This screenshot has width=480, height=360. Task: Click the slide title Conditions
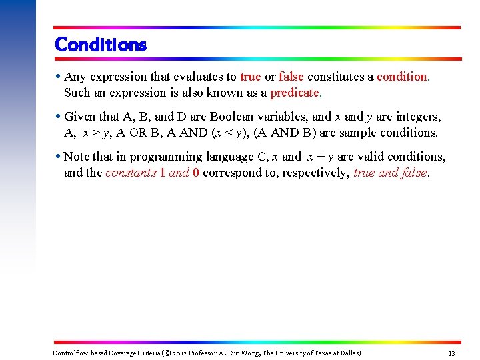(x=101, y=45)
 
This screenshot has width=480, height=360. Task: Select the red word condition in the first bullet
(x=403, y=77)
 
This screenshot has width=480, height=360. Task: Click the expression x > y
(x=97, y=133)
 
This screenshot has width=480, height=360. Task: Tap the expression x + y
(x=320, y=157)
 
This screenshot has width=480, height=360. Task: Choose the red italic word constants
(x=131, y=173)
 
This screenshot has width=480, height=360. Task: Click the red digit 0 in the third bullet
(x=195, y=173)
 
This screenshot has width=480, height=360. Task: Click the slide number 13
(x=451, y=353)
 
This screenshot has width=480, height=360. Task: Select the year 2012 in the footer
(x=181, y=353)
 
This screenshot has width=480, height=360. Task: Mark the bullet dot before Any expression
(x=59, y=77)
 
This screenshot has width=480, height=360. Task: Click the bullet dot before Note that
(x=59, y=157)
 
